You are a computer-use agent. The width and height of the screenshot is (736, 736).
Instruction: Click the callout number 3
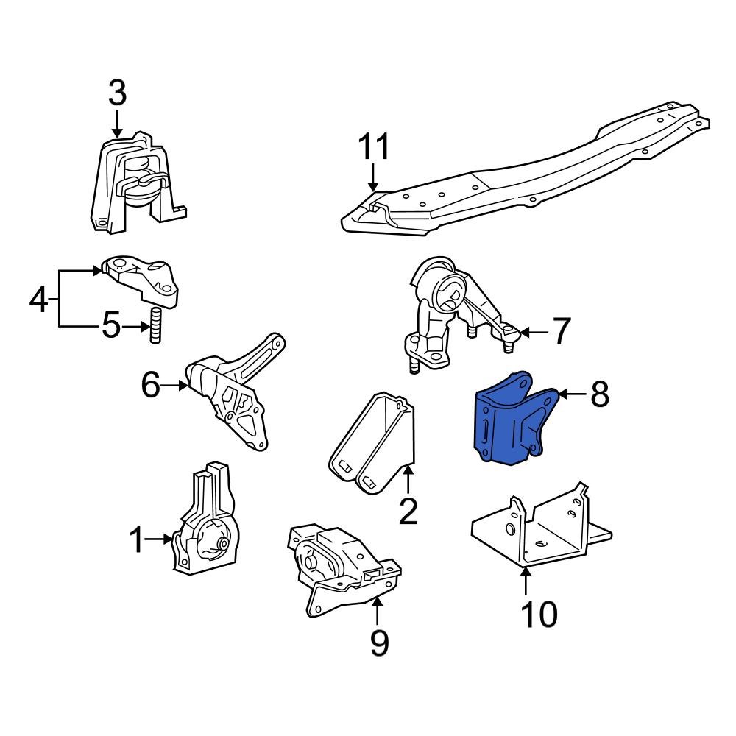tap(118, 93)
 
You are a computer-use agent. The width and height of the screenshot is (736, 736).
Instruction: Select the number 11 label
tap(374, 147)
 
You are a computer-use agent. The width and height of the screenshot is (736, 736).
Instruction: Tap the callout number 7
tap(561, 332)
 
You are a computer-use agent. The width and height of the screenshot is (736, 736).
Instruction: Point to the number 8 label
tap(599, 394)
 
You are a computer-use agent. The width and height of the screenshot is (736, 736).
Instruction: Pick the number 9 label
tap(378, 643)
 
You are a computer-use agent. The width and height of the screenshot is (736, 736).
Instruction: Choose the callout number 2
tap(408, 511)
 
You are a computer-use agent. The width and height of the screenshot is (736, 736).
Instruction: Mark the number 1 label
tap(136, 541)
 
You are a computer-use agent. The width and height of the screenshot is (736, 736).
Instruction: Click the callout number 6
tap(150, 384)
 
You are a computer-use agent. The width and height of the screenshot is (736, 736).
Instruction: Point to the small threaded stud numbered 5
tap(156, 327)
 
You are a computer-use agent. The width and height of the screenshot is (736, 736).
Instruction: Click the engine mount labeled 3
tap(136, 184)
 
